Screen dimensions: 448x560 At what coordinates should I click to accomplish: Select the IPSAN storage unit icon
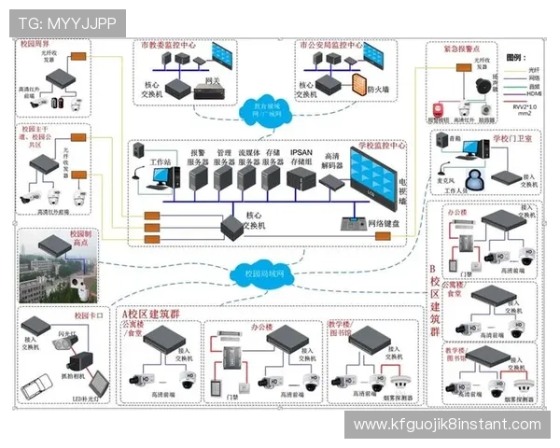pos(301,177)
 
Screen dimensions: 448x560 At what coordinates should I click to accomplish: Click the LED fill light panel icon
pos(95,383)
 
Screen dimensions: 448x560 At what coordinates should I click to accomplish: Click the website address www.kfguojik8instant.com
pos(447,425)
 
